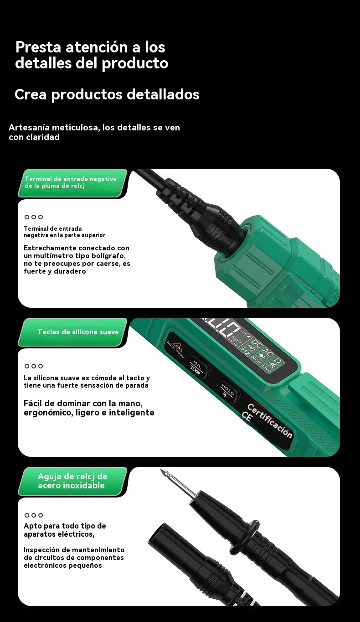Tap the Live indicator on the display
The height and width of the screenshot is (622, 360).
(266, 368)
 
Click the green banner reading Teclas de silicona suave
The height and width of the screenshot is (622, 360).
(73, 332)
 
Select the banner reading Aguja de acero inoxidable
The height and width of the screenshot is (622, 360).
(73, 481)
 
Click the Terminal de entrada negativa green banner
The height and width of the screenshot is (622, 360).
(73, 183)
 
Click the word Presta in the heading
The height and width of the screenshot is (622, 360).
(38, 47)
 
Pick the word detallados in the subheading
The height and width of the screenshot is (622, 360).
(163, 94)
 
